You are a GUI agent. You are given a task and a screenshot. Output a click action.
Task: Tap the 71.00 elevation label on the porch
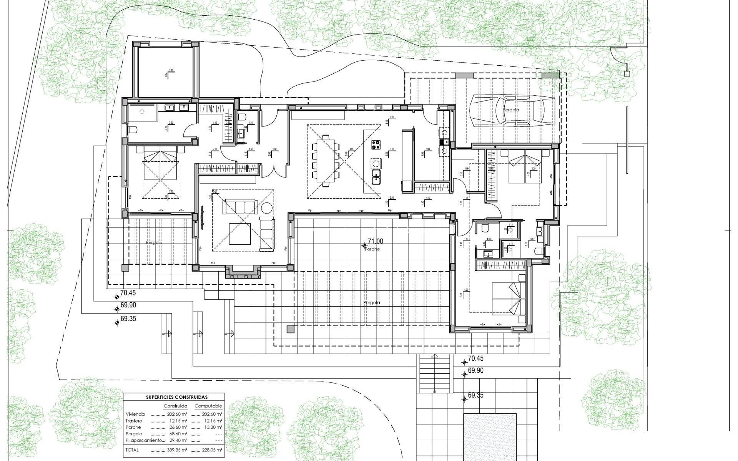tap(376, 241)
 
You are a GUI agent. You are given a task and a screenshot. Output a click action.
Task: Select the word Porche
tap(372, 249)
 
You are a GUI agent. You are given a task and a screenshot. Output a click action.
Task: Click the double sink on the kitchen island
tap(376, 177)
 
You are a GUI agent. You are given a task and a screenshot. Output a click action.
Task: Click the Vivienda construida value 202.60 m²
tap(177, 414)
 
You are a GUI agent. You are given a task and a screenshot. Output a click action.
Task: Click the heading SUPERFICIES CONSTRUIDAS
tap(177, 397)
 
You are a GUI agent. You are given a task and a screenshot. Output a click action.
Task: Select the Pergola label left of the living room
tap(154, 243)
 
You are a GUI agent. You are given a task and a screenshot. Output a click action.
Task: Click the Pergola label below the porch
tap(371, 303)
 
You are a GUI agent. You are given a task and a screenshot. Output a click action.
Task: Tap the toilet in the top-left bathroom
tap(132, 130)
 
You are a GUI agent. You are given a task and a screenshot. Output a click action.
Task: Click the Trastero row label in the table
tap(134, 421)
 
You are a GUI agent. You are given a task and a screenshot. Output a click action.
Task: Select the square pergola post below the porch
tap(290, 329)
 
